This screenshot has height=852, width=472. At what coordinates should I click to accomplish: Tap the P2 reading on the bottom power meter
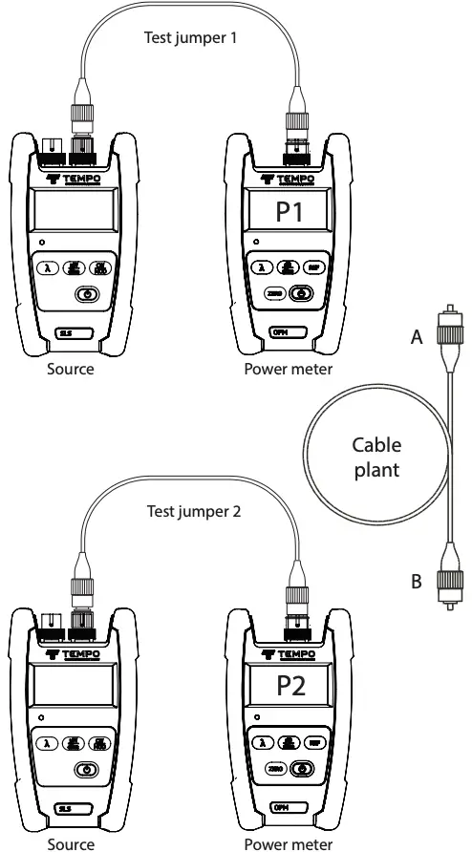click(x=289, y=686)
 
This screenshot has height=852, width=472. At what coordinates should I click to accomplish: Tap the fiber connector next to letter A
click(x=446, y=329)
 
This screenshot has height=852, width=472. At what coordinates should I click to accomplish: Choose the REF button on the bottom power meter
click(x=314, y=742)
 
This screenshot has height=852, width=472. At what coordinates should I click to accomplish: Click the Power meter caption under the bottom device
click(x=289, y=844)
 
